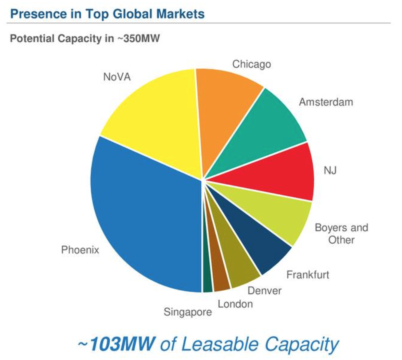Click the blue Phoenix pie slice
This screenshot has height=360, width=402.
pyautogui.click(x=144, y=215)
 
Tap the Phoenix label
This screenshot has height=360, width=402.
pyautogui.click(x=80, y=250)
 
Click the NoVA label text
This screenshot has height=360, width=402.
pyautogui.click(x=117, y=77)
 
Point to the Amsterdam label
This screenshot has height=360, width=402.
pyautogui.click(x=326, y=102)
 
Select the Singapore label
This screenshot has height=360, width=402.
pyautogui.click(x=188, y=312)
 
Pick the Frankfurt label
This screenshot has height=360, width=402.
pyautogui.click(x=308, y=274)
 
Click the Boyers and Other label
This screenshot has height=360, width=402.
pyautogui.click(x=341, y=234)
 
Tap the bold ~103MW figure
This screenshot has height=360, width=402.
pyautogui.click(x=116, y=344)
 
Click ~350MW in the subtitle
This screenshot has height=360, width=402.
pyautogui.click(x=138, y=39)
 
